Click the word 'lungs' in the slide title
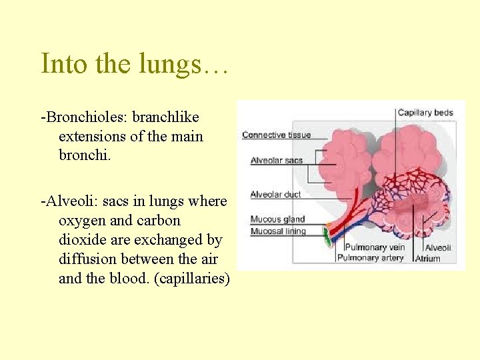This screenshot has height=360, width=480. (176, 64)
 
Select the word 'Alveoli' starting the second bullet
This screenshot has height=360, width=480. (69, 201)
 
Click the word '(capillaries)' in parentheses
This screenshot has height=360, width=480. (192, 278)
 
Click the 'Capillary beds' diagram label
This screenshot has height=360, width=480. (425, 113)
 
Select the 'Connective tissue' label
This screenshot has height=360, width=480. (276, 135)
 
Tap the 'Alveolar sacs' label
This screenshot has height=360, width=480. (276, 161)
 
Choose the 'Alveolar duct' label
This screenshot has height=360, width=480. (275, 195)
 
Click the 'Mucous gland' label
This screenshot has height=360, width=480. (277, 219)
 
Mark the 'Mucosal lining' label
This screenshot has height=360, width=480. (278, 231)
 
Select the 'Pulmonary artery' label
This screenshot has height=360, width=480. (370, 258)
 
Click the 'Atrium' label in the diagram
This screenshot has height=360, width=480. (427, 259)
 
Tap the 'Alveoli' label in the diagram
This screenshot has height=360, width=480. (438, 247)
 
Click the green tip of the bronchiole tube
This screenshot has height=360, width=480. (327, 235)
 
